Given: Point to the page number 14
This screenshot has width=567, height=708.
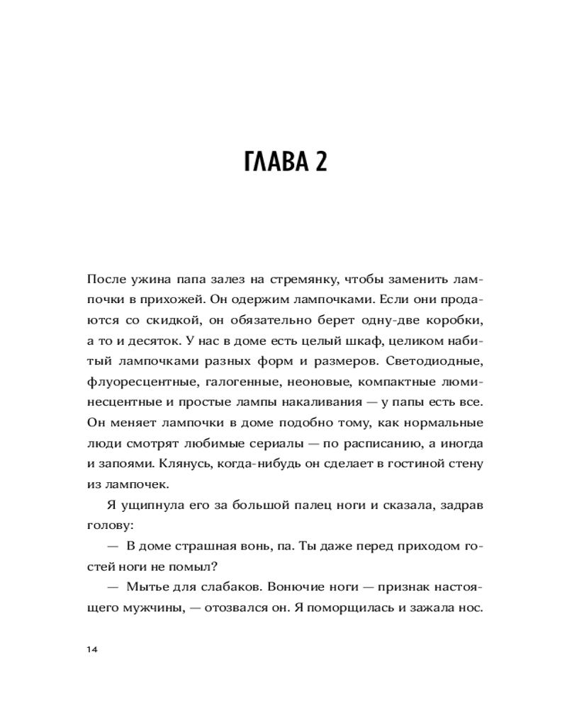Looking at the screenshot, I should coord(90,650).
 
